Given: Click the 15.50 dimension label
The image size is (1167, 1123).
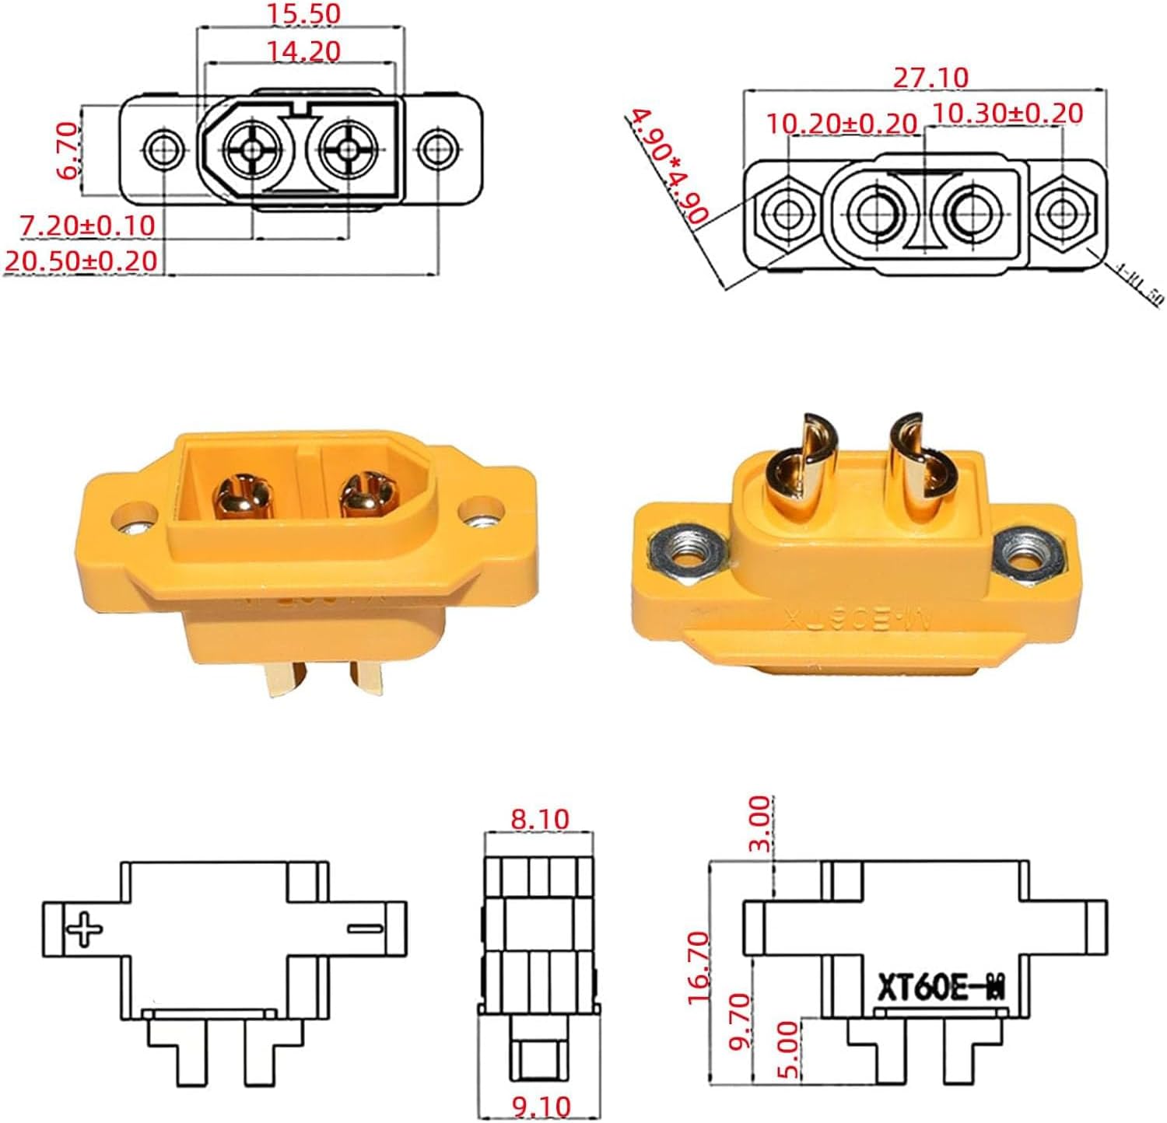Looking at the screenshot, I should click(303, 13).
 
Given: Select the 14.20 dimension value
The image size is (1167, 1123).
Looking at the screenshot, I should click(303, 51).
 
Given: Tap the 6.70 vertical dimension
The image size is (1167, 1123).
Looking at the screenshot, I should click(68, 151).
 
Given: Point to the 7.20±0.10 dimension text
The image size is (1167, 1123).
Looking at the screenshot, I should click(87, 226).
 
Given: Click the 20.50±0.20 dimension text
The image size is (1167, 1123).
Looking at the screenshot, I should click(81, 261).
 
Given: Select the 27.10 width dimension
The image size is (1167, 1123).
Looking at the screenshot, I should click(930, 78).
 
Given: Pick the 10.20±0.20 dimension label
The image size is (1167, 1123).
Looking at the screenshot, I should click(841, 123).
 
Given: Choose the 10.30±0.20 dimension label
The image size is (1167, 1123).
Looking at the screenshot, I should click(1007, 114).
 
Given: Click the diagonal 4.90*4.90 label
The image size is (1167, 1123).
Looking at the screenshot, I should click(668, 166).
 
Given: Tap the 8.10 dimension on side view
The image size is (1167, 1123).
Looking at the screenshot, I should click(539, 819).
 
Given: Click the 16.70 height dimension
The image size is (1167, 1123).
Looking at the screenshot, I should click(698, 967).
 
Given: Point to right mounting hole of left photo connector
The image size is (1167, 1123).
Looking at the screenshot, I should click(480, 514).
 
